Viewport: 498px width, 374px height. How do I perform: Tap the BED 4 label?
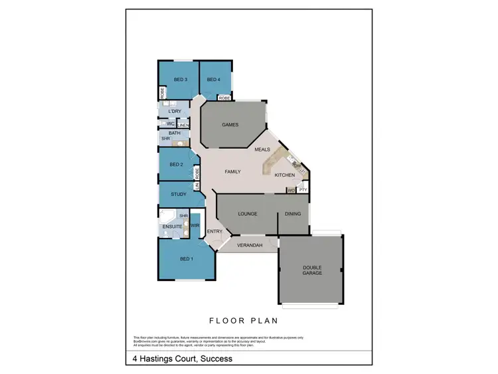click(x=213, y=80)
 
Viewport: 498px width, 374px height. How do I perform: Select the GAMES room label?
click(x=230, y=125)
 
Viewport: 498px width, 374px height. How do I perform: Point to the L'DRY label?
click(x=175, y=111)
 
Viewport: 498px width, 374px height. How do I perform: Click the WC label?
click(x=171, y=124)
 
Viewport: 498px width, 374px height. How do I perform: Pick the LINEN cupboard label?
click(x=183, y=126)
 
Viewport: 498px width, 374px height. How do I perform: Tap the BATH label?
click(x=175, y=134)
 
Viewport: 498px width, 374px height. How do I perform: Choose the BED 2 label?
click(x=176, y=165)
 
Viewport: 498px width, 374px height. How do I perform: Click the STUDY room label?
click(x=179, y=195)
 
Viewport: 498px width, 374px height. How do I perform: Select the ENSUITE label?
click(x=173, y=227)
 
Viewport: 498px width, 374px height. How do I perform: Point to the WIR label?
click(x=195, y=226)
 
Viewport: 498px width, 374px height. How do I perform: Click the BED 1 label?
click(x=187, y=258)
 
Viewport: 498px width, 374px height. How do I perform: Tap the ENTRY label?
click(x=214, y=232)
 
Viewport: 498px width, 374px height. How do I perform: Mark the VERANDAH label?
click(x=250, y=246)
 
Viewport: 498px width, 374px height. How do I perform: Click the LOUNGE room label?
click(x=248, y=214)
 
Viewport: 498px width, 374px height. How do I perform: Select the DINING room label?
click(x=293, y=214)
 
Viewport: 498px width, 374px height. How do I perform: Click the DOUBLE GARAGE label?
click(x=312, y=270)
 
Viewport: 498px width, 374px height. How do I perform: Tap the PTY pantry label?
click(x=302, y=191)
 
